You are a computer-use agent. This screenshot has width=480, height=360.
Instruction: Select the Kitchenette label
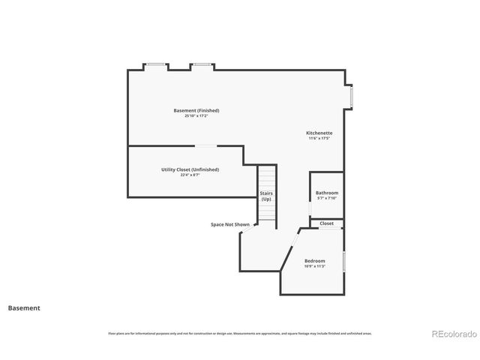coord(319,133)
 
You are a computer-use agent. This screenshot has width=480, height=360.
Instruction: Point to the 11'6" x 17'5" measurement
coord(319,139)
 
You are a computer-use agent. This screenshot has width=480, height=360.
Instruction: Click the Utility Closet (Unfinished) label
coord(190,169)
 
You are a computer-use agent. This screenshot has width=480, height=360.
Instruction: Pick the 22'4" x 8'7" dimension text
coord(190,175)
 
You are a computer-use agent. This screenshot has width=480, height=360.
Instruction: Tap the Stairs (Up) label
coord(266,196)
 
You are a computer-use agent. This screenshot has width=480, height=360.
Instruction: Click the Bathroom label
coord(326,193)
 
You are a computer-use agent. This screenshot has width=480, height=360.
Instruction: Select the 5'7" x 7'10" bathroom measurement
coord(326,199)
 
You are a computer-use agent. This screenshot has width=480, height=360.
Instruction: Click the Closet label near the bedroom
coord(327,223)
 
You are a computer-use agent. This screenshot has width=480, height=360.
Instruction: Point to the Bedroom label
coord(314,260)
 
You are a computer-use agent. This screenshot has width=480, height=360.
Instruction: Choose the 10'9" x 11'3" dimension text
coord(314,266)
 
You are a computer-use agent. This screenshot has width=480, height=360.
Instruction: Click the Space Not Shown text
coord(230,224)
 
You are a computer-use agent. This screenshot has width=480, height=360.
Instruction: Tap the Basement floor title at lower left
coord(24,307)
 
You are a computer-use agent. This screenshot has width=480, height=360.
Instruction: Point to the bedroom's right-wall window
coord(344,262)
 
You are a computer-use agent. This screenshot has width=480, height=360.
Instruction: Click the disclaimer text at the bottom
coord(240,333)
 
